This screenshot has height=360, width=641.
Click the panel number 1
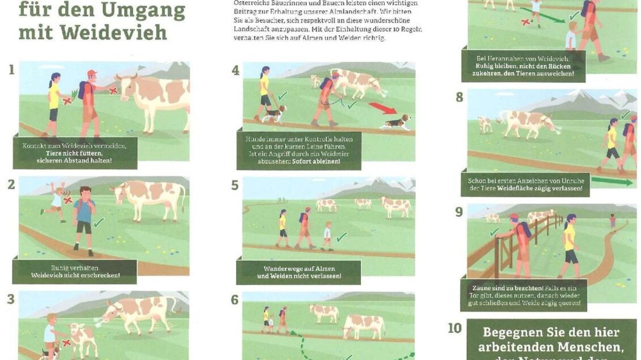click(11, 70)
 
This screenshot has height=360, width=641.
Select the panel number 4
click(235, 70)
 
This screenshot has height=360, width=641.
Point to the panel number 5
click(235, 185)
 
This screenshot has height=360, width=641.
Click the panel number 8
click(459, 97)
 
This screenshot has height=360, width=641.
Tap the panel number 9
click(459, 212)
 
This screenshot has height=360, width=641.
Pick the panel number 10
click(455, 328)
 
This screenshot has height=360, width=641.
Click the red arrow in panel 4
click(383, 108)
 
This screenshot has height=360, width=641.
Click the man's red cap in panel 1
click(91, 74)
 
